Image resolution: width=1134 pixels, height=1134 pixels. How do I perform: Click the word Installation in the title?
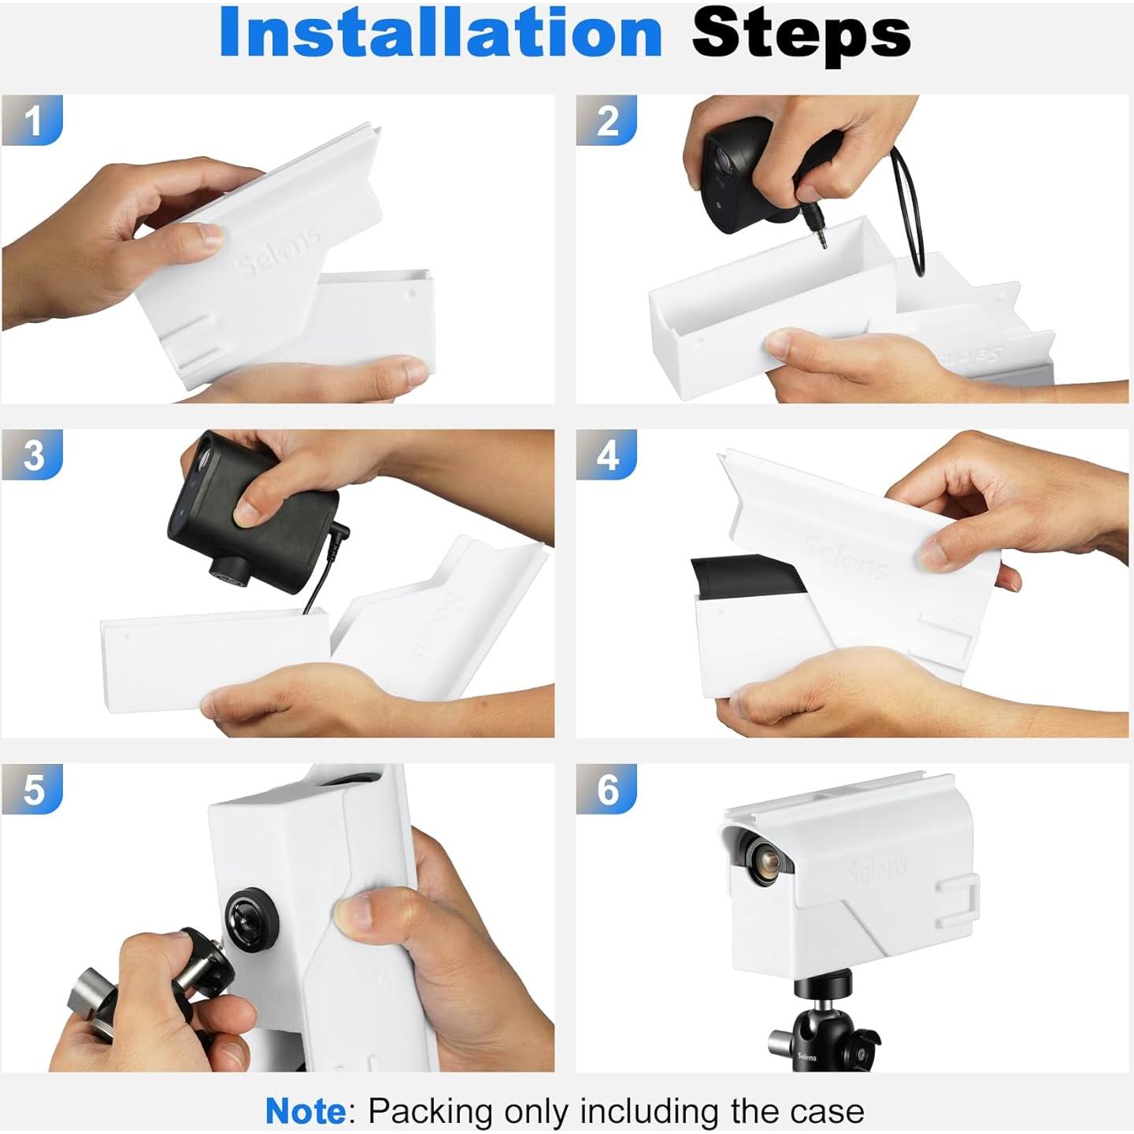[441, 33]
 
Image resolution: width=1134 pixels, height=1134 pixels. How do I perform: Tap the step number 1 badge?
[31, 120]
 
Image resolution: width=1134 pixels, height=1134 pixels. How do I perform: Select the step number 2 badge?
[606, 120]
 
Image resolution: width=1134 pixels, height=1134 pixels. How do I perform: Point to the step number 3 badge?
[31, 454]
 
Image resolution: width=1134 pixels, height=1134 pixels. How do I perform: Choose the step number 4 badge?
[606, 454]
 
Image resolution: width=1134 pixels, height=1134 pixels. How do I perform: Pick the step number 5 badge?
[31, 789]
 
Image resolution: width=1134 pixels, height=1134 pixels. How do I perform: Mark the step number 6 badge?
[606, 789]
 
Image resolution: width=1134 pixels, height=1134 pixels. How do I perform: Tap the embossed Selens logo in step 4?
[845, 557]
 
